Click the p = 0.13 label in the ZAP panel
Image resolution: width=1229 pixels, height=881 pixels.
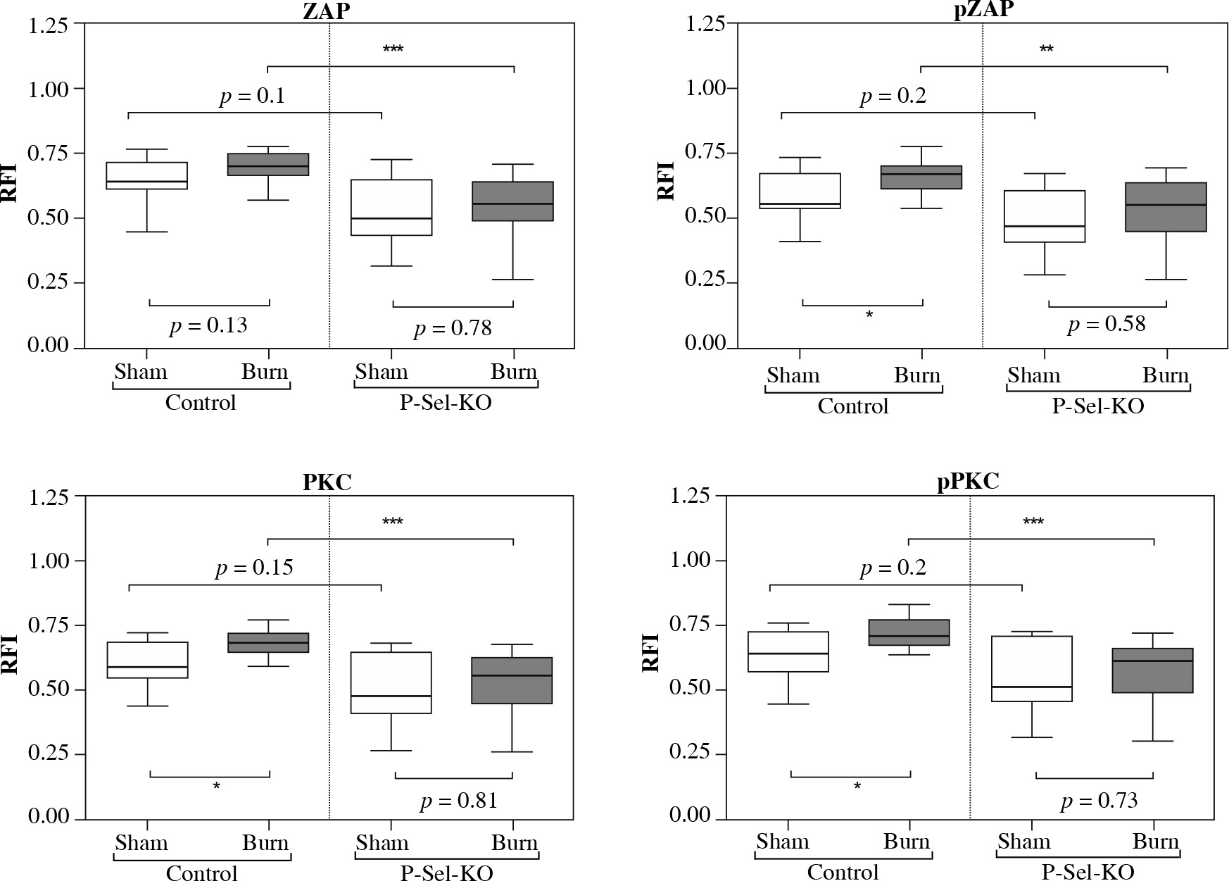tap(208, 325)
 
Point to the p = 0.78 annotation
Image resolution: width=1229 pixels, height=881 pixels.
tap(453, 328)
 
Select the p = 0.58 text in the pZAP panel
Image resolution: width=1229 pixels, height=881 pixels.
tap(1107, 324)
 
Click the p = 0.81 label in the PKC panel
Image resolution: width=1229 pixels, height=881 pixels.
tap(459, 801)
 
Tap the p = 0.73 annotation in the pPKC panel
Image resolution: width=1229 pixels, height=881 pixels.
tap(1099, 801)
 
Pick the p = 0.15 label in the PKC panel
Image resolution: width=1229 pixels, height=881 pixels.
tap(254, 568)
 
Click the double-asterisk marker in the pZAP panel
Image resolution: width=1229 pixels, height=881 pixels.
tap(1046, 50)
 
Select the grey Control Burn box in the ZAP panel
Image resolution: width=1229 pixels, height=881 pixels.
tap(268, 164)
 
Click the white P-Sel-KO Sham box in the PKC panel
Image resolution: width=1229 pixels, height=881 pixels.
tap(391, 682)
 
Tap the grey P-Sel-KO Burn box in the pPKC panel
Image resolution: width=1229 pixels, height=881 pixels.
tap(1152, 670)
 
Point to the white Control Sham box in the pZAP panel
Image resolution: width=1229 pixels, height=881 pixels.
tap(800, 191)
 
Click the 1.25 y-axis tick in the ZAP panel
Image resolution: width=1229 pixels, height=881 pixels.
tap(49, 25)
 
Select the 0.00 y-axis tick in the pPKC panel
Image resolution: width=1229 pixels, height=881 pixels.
tap(691, 816)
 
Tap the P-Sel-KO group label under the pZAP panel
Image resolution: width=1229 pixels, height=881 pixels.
tap(1097, 406)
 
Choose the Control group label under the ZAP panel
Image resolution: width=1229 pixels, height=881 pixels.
tap(201, 403)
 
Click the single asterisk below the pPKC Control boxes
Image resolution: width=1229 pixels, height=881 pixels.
tap(857, 787)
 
